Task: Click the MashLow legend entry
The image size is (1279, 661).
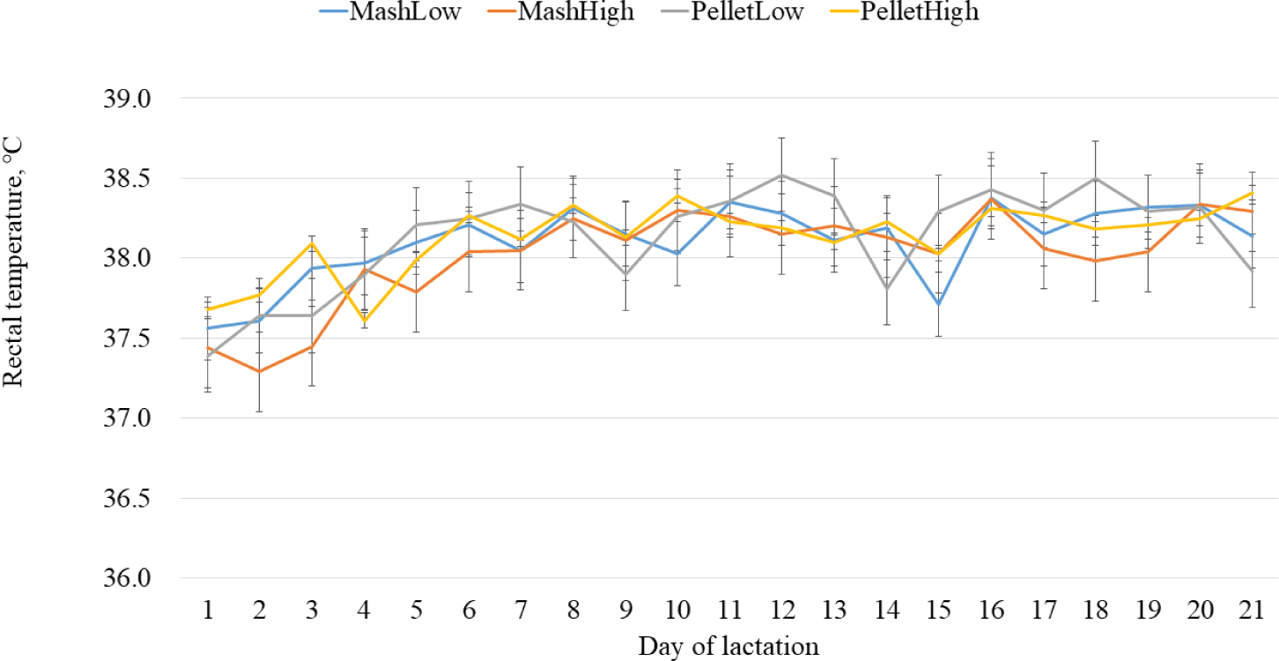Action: coord(390,11)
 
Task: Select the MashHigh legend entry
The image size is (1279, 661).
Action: coord(561,11)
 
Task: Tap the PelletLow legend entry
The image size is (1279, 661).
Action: coord(733,11)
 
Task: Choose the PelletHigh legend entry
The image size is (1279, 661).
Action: coord(905,11)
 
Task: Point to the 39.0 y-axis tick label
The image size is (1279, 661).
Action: coord(127,99)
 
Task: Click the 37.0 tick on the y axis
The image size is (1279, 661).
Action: coord(127,419)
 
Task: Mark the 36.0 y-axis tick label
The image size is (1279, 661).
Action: coord(127,578)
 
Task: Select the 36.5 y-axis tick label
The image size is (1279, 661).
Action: coord(127,499)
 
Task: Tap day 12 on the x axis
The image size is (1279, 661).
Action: coord(782,610)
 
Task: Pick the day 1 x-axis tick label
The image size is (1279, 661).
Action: coord(208,610)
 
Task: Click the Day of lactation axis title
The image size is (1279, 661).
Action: coord(728,646)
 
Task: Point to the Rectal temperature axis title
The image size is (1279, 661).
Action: coord(12,261)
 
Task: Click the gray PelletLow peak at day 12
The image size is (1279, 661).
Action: coord(782,175)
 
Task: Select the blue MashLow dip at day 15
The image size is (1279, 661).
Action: coord(939,304)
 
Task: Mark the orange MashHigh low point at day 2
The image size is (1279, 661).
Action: coord(260,371)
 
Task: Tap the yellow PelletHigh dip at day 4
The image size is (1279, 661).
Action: coord(365,322)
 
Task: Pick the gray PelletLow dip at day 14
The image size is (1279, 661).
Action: coord(887,289)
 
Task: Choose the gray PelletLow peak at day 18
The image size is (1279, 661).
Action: coord(1096,178)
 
